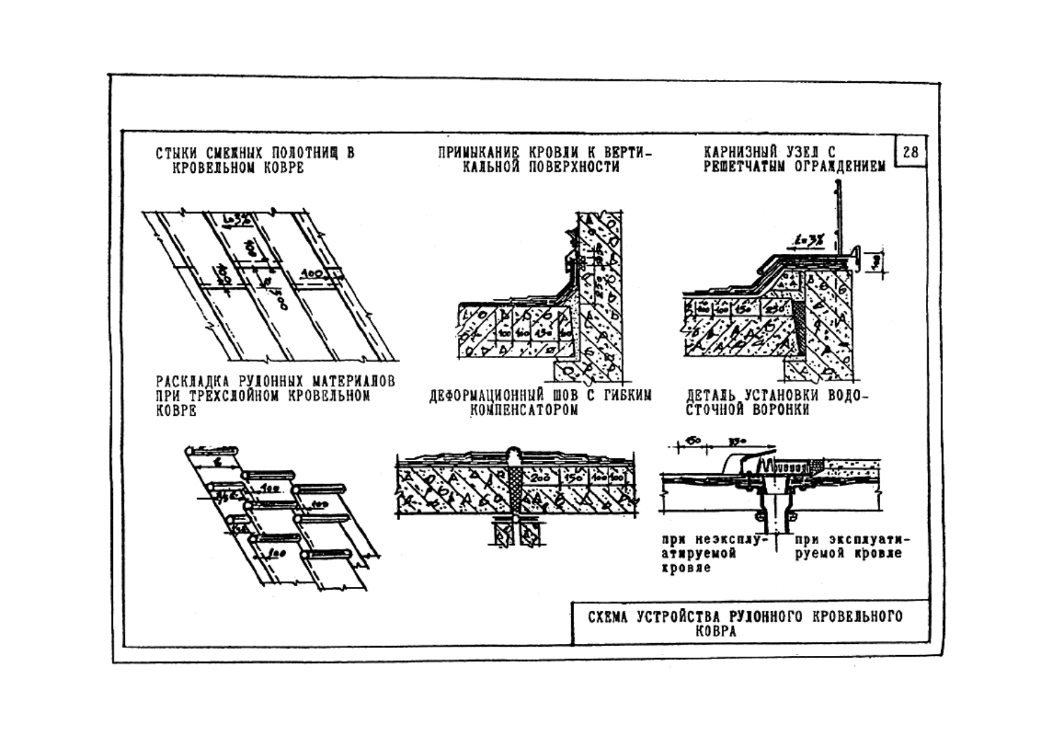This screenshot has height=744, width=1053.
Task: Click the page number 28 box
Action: coord(910,152)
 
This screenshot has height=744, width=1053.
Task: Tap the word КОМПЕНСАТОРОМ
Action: coord(524,410)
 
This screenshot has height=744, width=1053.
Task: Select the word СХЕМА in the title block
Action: coord(608,617)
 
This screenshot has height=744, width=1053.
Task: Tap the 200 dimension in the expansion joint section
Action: coord(542,478)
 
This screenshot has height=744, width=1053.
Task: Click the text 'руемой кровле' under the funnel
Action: coord(848,553)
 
